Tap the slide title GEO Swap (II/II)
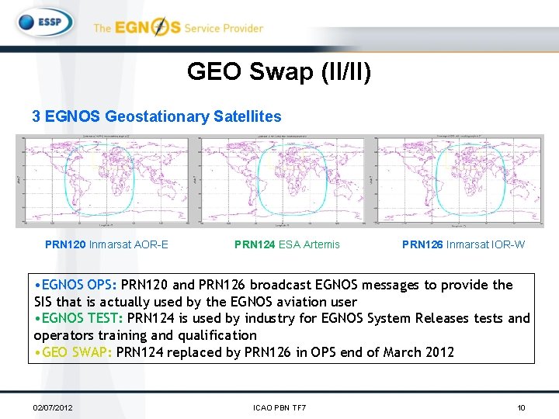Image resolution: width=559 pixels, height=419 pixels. pyautogui.click(x=279, y=72)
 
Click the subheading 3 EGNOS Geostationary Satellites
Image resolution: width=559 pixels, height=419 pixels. pyautogui.click(x=156, y=116)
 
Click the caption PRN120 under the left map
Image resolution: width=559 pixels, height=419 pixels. pyautogui.click(x=65, y=244)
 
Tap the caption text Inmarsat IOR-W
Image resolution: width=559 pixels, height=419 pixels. pyautogui.click(x=485, y=244)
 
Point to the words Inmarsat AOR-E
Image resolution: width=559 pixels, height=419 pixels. pyautogui.click(x=129, y=244)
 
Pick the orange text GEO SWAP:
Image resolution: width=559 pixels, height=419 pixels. pyautogui.click(x=75, y=352)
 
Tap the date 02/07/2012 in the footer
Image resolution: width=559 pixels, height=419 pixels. pyautogui.click(x=53, y=407)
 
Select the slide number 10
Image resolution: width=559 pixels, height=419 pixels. pyautogui.click(x=522, y=407)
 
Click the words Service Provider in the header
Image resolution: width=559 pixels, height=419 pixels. pyautogui.click(x=224, y=28)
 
